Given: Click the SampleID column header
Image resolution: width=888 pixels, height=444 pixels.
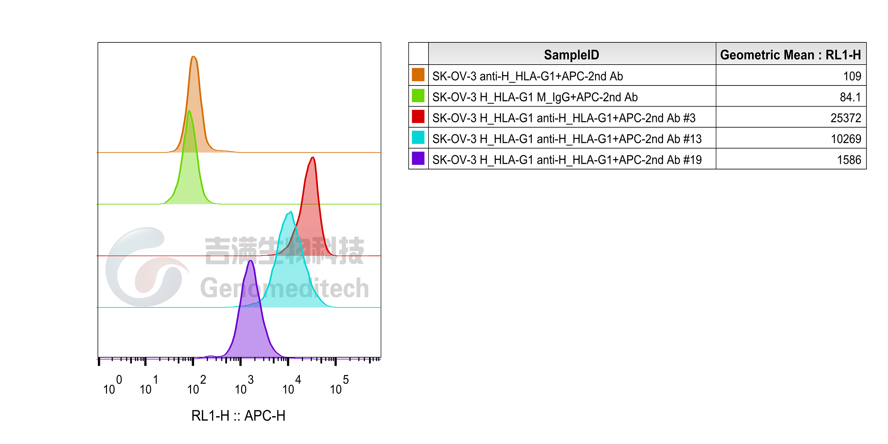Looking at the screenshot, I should tap(571, 54).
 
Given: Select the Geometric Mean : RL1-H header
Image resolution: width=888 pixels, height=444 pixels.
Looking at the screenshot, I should tap(790, 54).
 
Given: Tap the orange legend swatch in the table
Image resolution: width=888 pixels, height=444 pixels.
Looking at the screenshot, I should tap(418, 75).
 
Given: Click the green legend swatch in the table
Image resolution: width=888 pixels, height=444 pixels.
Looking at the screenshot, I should tap(418, 96).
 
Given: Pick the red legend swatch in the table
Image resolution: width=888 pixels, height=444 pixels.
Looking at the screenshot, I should tap(418, 117).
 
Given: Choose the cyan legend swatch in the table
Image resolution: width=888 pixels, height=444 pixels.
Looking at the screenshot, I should tap(418, 138).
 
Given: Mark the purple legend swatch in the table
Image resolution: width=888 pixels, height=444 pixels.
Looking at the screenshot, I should tap(418, 158).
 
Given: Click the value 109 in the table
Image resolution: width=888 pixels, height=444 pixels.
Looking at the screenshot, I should tap(852, 76).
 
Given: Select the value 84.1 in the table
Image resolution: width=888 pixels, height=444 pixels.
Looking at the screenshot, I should tap(850, 97).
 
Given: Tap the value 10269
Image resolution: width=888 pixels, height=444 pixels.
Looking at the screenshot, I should tap(846, 139).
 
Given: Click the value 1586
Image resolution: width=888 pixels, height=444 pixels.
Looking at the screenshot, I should tap(849, 160).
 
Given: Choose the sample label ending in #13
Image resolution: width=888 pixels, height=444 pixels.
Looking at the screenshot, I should tap(567, 139).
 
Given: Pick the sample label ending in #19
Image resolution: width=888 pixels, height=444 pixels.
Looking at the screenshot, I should tap(567, 160).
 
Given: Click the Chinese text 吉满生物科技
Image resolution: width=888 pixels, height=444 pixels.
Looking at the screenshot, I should tap(284, 251).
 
